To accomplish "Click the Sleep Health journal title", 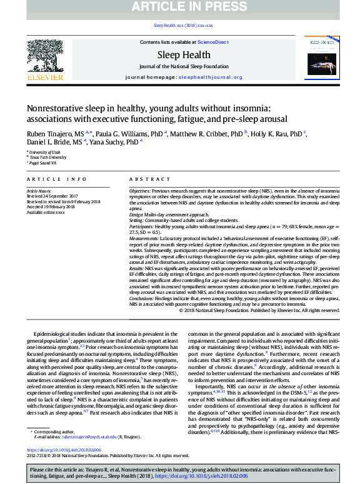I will click(x=183, y=55).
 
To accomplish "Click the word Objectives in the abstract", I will click(x=139, y=189).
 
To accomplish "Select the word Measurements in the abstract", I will click(x=143, y=239).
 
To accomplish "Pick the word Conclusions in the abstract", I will click(x=142, y=299).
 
